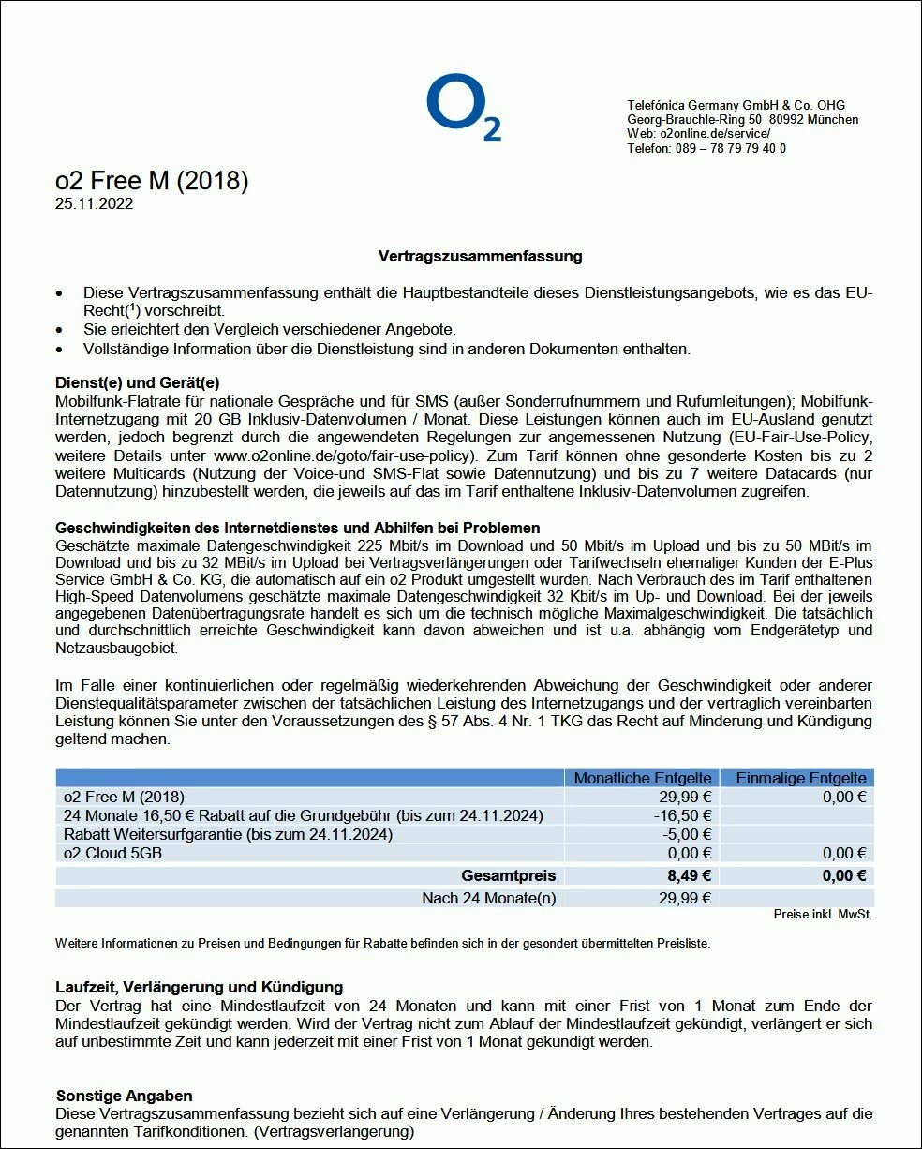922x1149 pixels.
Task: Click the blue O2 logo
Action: click(463, 110)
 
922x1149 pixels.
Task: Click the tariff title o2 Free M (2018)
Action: click(152, 181)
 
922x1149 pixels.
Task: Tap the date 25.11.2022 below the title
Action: click(94, 203)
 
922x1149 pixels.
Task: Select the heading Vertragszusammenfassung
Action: click(480, 256)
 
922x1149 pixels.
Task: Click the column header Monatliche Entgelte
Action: click(642, 778)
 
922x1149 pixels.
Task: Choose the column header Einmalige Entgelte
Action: click(800, 778)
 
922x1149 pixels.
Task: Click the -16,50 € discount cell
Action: click(683, 815)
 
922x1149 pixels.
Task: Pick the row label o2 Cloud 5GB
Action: click(112, 853)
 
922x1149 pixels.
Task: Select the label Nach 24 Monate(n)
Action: click(488, 899)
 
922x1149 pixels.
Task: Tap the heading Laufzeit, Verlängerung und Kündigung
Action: click(200, 987)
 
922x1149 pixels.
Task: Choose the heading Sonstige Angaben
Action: click(125, 1096)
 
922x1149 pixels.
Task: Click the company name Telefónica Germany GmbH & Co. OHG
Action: click(722, 106)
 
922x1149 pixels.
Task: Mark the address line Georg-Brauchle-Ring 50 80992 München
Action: click(742, 120)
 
